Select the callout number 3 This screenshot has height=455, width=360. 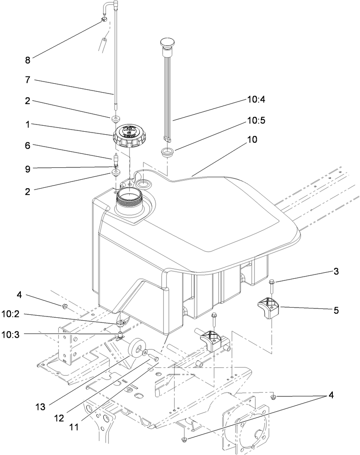(x=336, y=271)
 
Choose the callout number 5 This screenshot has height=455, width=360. (x=336, y=311)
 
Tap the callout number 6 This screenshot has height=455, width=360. (x=28, y=145)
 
